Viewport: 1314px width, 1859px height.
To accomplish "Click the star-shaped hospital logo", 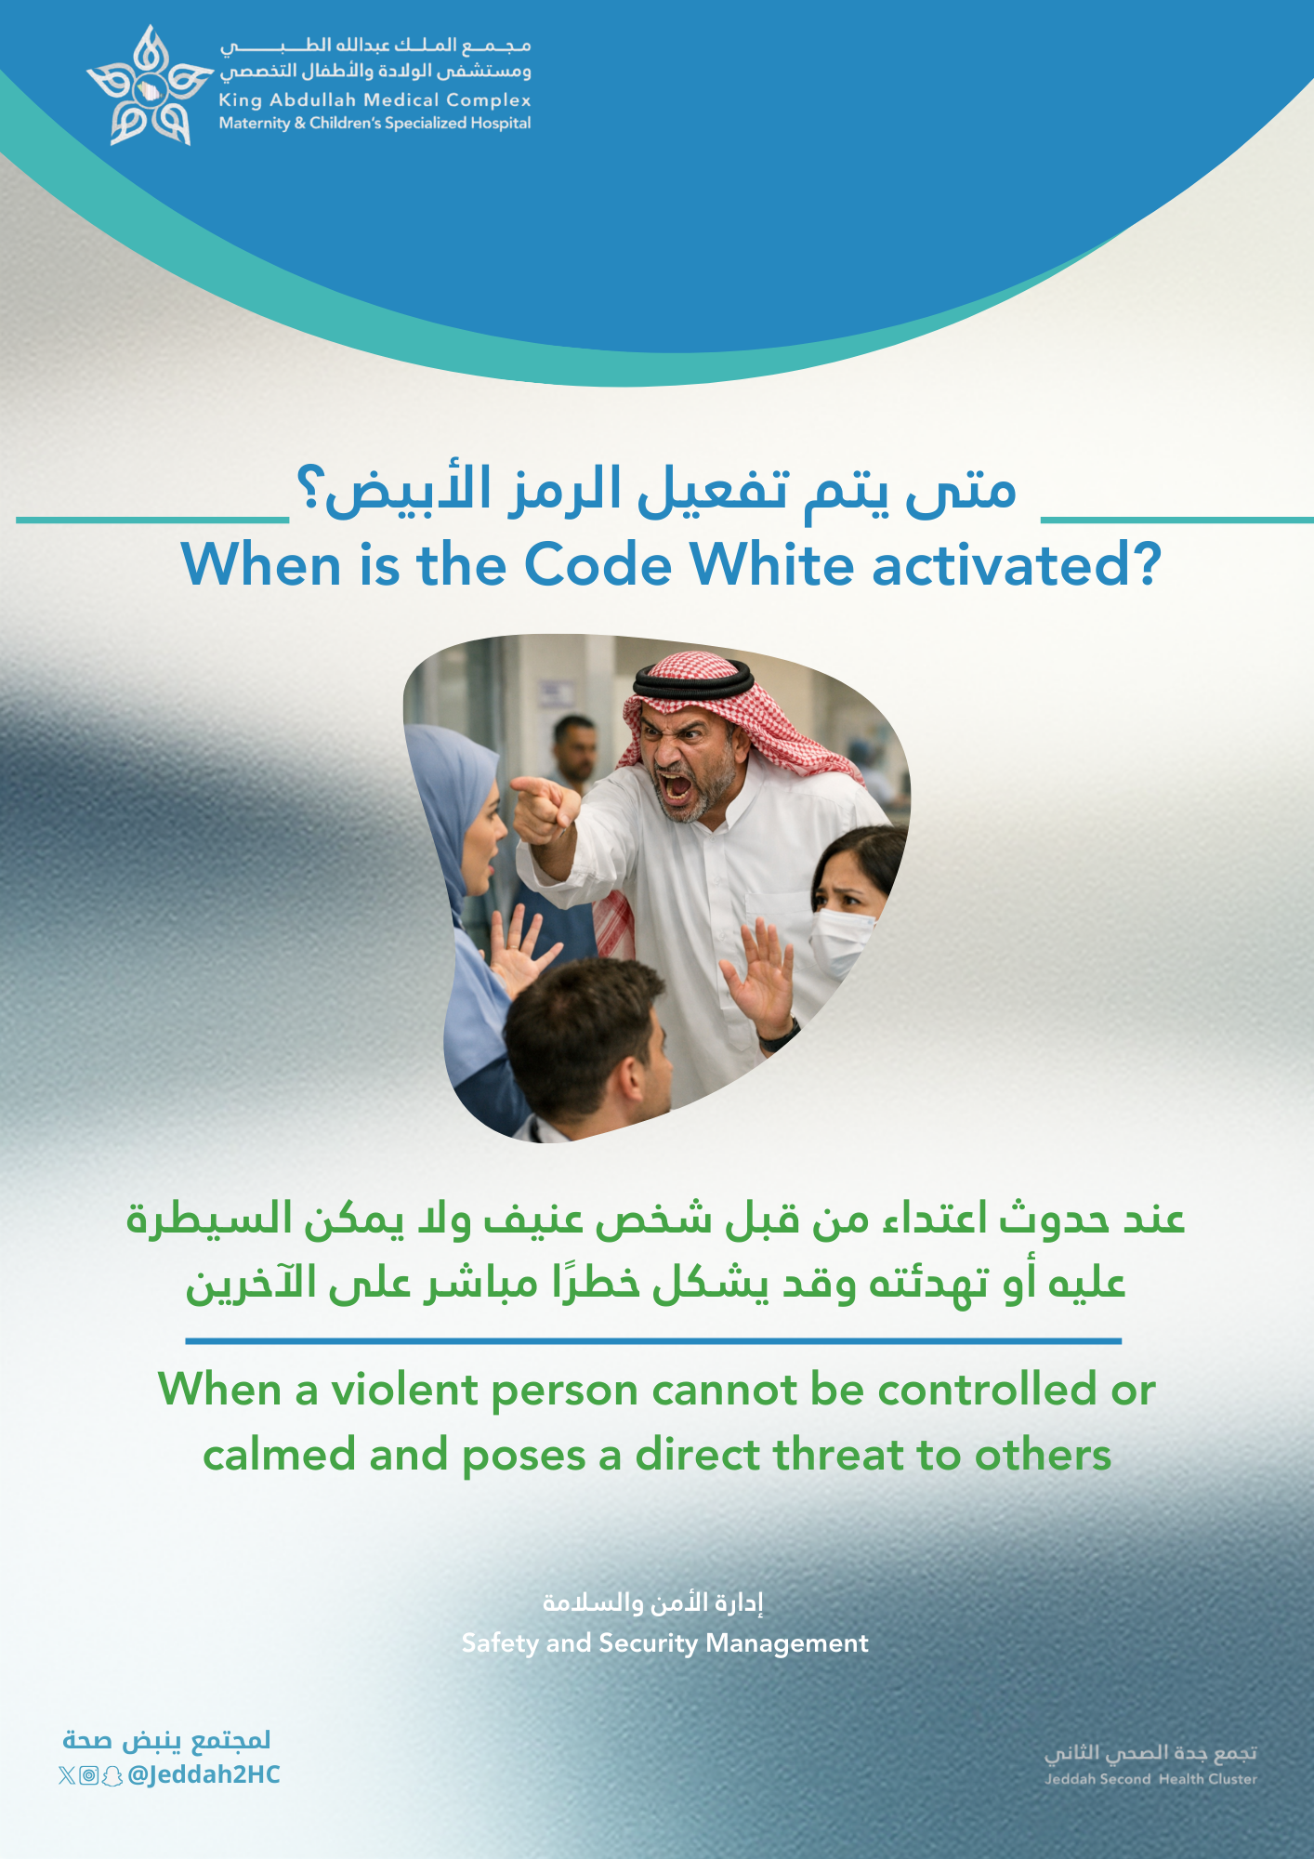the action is click(x=149, y=86).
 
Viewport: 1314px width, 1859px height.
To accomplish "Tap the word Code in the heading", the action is click(x=598, y=564).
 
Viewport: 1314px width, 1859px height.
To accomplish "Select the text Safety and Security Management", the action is click(x=665, y=1643).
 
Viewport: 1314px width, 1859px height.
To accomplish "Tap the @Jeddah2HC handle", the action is click(x=204, y=1774).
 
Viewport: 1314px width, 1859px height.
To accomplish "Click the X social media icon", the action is click(x=67, y=1775).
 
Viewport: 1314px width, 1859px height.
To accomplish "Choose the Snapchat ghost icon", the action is click(x=112, y=1776).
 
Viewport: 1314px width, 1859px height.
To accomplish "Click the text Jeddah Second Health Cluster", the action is click(x=1150, y=1779).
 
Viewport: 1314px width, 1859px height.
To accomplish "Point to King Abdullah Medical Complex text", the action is click(x=374, y=99).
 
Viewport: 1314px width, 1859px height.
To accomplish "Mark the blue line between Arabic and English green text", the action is click(x=653, y=1341).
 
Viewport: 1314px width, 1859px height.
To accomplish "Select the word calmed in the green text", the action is click(x=279, y=1456).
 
